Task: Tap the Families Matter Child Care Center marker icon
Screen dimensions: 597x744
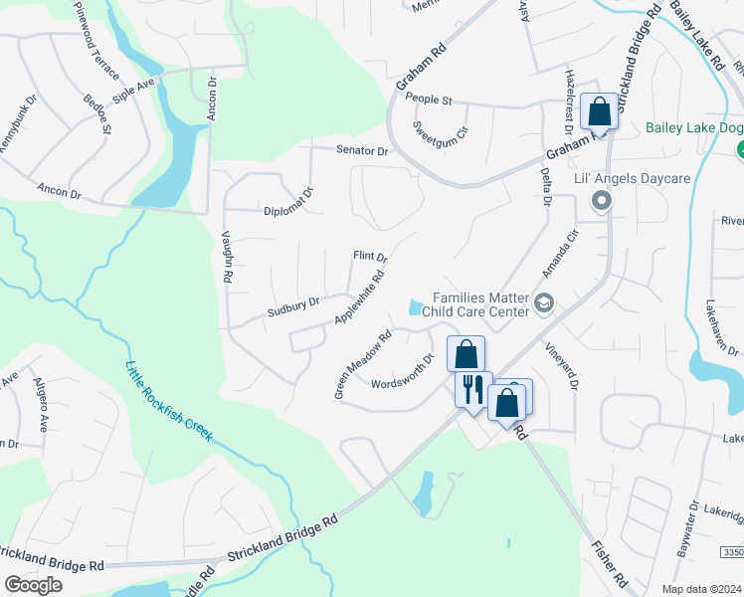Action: click(x=543, y=302)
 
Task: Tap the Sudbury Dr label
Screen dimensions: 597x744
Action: click(x=292, y=308)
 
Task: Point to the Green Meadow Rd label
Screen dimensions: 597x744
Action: click(x=363, y=365)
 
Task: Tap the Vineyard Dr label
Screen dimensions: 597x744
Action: click(x=560, y=367)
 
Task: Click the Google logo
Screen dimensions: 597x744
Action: click(x=33, y=584)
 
